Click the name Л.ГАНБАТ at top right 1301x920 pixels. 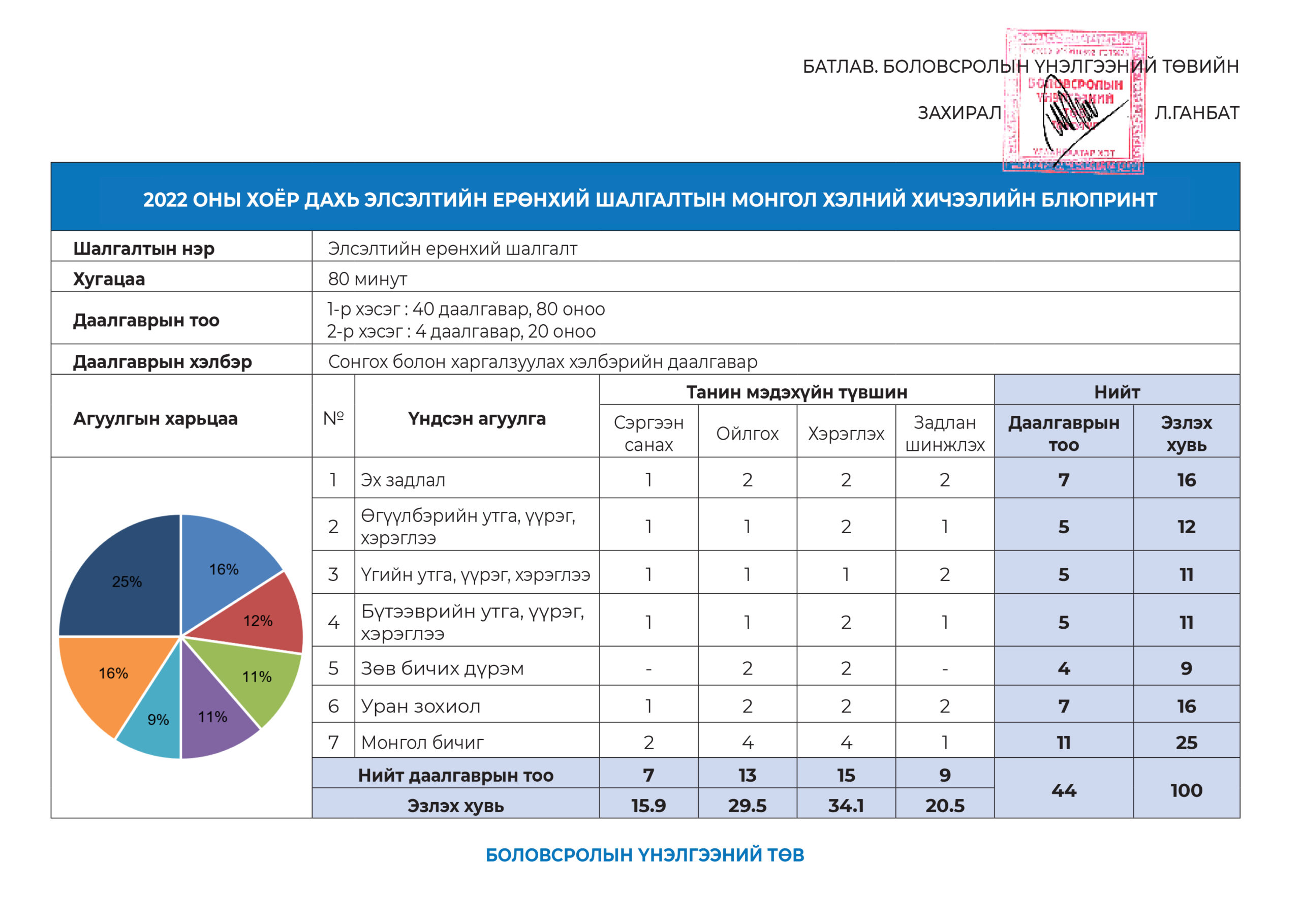coord(1196,113)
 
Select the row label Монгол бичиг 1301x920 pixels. coord(422,742)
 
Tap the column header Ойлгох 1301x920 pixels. coord(747,434)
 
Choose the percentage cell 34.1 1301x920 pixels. coord(846,805)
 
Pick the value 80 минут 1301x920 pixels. coord(367,279)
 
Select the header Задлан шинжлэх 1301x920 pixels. coord(944,434)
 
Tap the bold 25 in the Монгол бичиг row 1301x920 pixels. coord(1186,742)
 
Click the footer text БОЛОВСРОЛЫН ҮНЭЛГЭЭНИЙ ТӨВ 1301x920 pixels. coord(644,855)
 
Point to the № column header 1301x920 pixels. coord(333,418)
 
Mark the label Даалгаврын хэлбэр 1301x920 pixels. coord(162,362)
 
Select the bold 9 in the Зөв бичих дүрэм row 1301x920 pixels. coord(1186,668)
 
